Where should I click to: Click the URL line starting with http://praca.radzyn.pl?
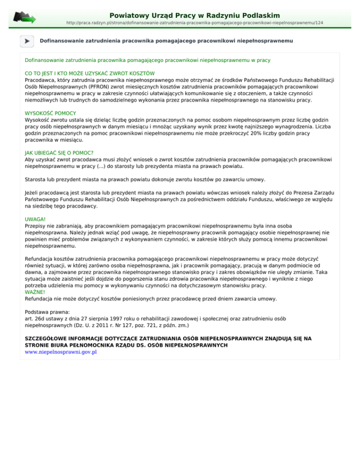(195, 23)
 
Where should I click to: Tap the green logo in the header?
(24, 18)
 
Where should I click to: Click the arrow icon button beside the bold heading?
(27, 41)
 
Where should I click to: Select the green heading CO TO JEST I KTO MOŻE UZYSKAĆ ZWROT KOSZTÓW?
(90, 74)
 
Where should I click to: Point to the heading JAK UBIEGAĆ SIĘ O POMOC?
(59, 153)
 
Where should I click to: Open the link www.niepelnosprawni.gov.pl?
(60, 352)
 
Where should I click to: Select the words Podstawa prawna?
(47, 311)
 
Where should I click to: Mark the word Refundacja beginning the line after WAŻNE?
(40, 298)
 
